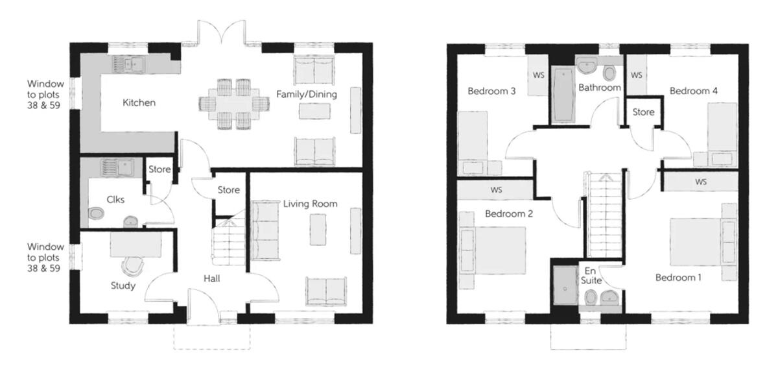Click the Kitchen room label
[139, 103]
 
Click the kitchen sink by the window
[128, 64]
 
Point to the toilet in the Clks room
[96, 213]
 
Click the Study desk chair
[133, 266]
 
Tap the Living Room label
[310, 204]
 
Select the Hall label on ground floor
[211, 279]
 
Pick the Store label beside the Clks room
[159, 169]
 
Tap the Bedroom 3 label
[491, 91]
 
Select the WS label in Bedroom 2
[497, 190]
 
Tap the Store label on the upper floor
[643, 112]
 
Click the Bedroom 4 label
[693, 91]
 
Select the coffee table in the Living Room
[318, 230]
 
